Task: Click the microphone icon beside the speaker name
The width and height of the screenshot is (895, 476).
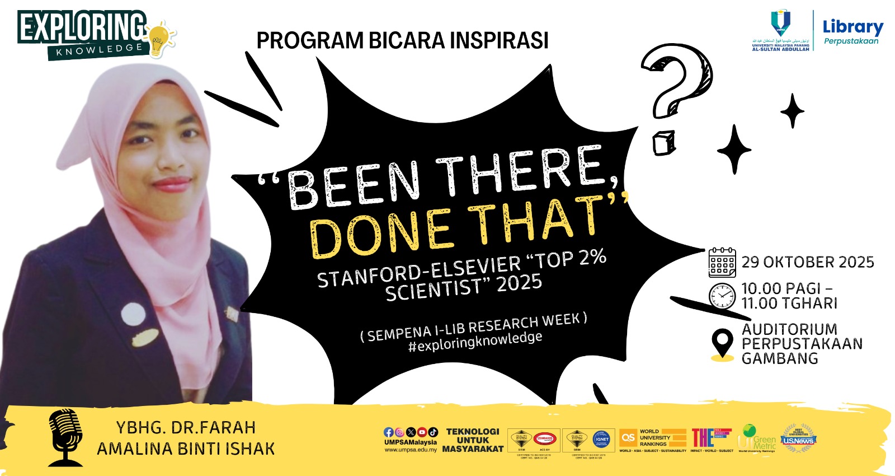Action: click(65, 437)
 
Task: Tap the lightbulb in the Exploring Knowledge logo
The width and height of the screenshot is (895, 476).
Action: click(159, 40)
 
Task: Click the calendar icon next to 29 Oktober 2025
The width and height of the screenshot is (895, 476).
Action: click(722, 262)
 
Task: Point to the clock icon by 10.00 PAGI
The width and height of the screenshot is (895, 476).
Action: click(722, 296)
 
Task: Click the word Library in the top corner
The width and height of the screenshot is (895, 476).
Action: click(852, 26)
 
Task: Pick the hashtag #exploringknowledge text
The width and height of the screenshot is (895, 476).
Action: click(475, 342)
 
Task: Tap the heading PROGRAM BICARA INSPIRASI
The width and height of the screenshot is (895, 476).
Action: click(402, 40)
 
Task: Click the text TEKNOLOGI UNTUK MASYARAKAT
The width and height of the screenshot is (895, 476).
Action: click(473, 440)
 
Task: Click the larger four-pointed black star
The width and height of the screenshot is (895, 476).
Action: click(734, 149)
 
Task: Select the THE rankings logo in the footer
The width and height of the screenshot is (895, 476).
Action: click(711, 437)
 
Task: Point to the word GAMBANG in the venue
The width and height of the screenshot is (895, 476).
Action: click(780, 358)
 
